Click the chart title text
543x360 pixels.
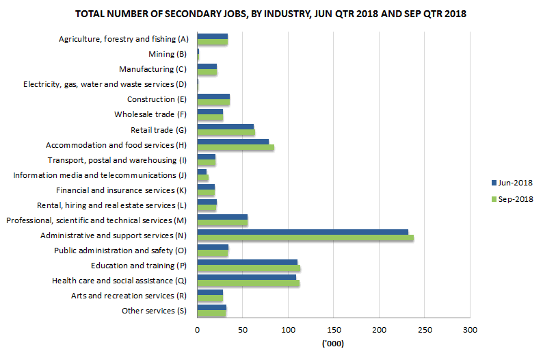(271, 14)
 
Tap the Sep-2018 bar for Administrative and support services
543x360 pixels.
(305, 238)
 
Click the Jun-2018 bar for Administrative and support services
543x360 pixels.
(302, 232)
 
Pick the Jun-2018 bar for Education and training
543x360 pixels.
(247, 262)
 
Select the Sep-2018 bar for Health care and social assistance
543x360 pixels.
(248, 283)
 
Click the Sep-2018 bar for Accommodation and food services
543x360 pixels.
(235, 148)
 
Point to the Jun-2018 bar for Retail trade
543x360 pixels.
(225, 127)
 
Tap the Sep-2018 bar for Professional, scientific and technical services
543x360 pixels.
(222, 223)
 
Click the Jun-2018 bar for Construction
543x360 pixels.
(213, 97)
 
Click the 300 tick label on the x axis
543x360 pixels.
(469, 330)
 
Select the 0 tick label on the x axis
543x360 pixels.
(197, 330)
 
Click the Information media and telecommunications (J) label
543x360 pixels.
(100, 175)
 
